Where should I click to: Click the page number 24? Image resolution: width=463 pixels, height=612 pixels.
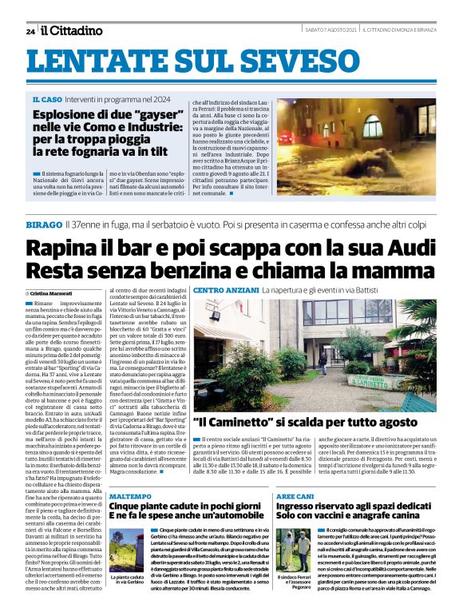pos(30,31)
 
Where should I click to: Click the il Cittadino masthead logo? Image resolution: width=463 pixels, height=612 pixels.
pos(72,30)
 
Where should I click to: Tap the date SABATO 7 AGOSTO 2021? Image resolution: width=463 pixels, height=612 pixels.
pos(330,30)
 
